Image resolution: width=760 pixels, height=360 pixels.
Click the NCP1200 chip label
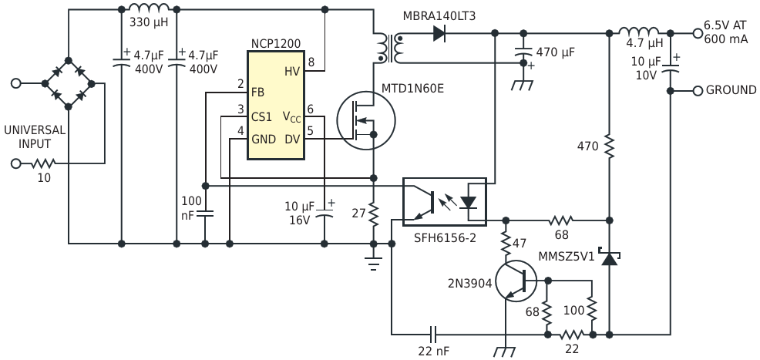click(x=275, y=43)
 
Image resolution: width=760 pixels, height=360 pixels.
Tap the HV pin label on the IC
click(x=292, y=71)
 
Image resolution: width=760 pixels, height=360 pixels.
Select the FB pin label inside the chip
click(x=257, y=92)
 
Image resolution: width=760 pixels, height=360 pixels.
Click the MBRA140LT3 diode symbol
click(x=439, y=33)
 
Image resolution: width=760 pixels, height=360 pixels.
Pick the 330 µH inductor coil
click(x=149, y=9)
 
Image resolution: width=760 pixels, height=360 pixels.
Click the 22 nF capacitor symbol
click(x=432, y=335)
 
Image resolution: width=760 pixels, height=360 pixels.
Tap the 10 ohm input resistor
click(x=43, y=163)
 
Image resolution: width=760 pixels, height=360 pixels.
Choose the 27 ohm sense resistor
click(x=373, y=215)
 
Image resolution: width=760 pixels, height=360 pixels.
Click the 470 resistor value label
click(x=587, y=146)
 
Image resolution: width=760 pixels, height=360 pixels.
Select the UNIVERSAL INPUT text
click(x=35, y=137)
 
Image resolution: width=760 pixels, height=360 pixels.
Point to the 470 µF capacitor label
click(x=556, y=52)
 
